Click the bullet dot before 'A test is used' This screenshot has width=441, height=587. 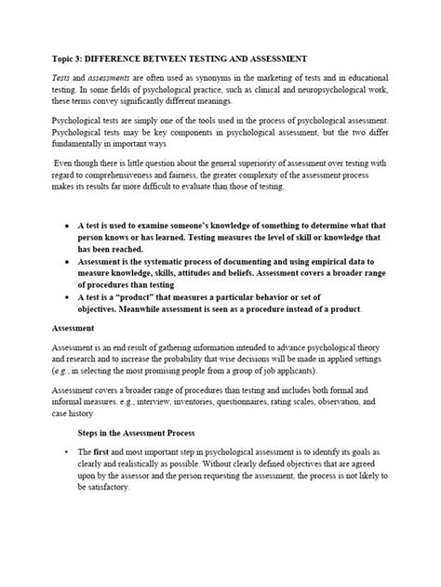pos(66,226)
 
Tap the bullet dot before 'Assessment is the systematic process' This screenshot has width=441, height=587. pos(66,261)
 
